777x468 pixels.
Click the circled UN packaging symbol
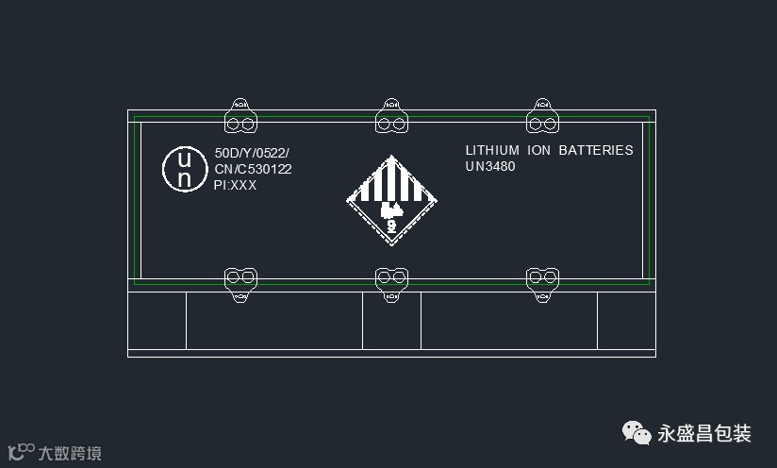pos(185,169)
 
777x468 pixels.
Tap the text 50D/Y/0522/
pos(252,153)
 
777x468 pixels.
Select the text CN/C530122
pos(253,169)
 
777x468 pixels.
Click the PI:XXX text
pos(236,185)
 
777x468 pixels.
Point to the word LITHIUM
pos(492,150)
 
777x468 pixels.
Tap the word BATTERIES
pos(596,150)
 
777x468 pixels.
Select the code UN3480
pos(490,166)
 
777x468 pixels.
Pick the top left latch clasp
pos(240,117)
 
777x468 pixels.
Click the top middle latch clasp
pos(391,117)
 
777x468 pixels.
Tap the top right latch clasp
pos(542,117)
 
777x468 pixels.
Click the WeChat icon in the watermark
pos(636,433)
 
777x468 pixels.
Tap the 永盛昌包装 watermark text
pos(704,434)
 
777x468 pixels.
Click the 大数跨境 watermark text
pos(69,453)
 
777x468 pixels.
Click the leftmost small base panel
pos(157,321)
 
